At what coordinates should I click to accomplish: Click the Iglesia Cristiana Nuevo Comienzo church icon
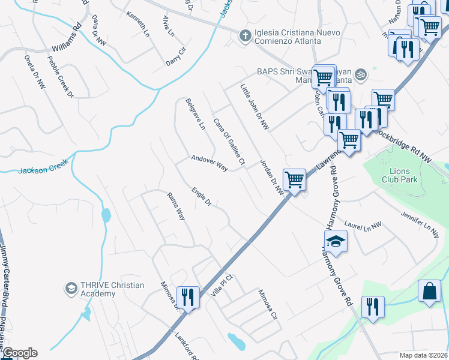[244, 36]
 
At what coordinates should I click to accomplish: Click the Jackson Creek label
[40, 170]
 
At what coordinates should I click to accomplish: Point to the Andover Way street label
[209, 163]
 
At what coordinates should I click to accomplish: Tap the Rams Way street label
[176, 205]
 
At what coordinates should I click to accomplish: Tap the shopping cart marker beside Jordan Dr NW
[294, 179]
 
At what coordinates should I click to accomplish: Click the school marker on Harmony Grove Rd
[336, 242]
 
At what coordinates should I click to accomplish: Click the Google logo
[19, 352]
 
